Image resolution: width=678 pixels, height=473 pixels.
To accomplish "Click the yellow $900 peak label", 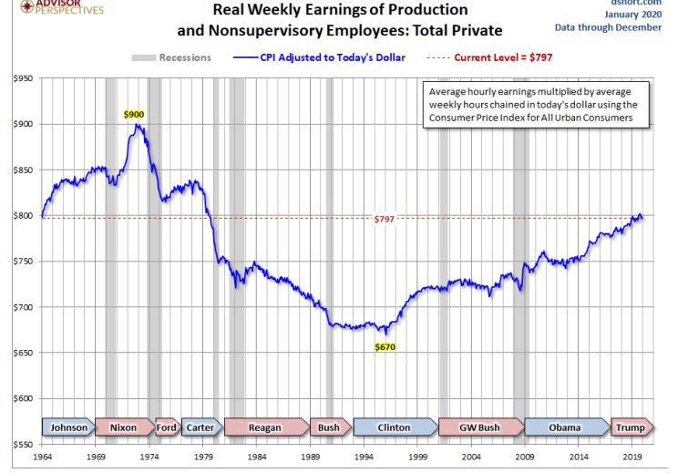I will click(x=134, y=115).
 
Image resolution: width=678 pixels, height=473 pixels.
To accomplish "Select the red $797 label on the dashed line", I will click(x=384, y=220).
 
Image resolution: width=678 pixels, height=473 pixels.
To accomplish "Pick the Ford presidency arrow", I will click(x=167, y=427).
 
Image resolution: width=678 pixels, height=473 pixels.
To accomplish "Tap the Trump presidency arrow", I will click(x=628, y=427).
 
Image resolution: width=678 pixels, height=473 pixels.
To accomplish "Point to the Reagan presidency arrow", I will click(x=265, y=427).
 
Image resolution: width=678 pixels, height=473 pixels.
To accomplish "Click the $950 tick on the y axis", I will click(x=22, y=79).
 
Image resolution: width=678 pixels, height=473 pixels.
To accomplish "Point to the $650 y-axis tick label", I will click(x=22, y=353).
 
